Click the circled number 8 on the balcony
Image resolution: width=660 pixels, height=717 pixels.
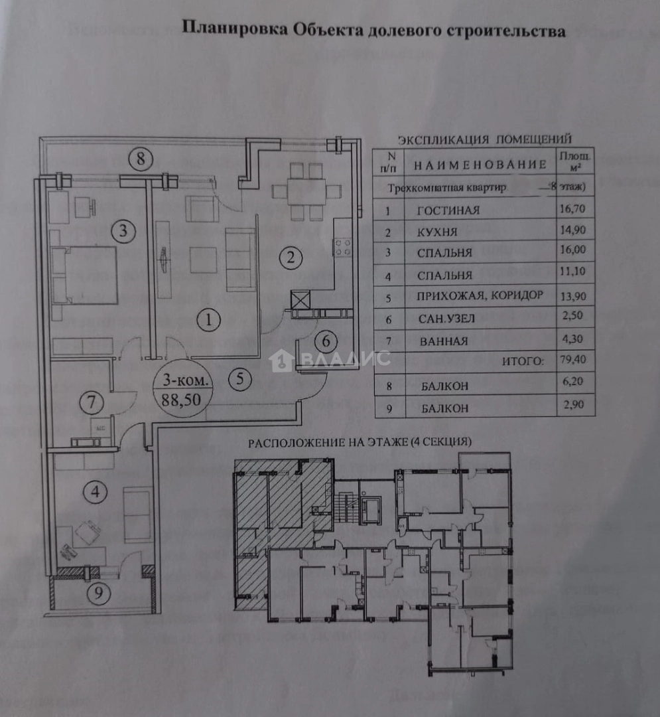pyautogui.click(x=141, y=159)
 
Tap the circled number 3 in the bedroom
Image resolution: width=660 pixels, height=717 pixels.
pyautogui.click(x=123, y=232)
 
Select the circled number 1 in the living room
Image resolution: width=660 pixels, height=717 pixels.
pyautogui.click(x=210, y=321)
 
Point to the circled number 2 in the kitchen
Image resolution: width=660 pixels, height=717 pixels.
pyautogui.click(x=290, y=258)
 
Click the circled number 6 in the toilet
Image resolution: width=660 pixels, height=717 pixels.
pyautogui.click(x=326, y=341)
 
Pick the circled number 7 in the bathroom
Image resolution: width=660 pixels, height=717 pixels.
pyautogui.click(x=92, y=402)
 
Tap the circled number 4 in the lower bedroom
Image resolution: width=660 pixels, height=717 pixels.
pyautogui.click(x=97, y=493)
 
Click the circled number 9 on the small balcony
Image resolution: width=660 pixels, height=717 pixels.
pyautogui.click(x=99, y=594)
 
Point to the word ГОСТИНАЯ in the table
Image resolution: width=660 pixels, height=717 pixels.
pyautogui.click(x=448, y=211)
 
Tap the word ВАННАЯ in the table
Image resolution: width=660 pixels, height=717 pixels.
pyautogui.click(x=444, y=342)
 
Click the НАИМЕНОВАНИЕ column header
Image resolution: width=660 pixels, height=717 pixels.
pyautogui.click(x=480, y=165)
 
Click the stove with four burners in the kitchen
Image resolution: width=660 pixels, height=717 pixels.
pyautogui.click(x=342, y=248)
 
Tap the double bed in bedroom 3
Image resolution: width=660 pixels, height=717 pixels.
pyautogui.click(x=85, y=275)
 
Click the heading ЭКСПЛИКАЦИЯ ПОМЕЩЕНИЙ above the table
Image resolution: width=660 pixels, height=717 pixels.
pyautogui.click(x=484, y=139)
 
